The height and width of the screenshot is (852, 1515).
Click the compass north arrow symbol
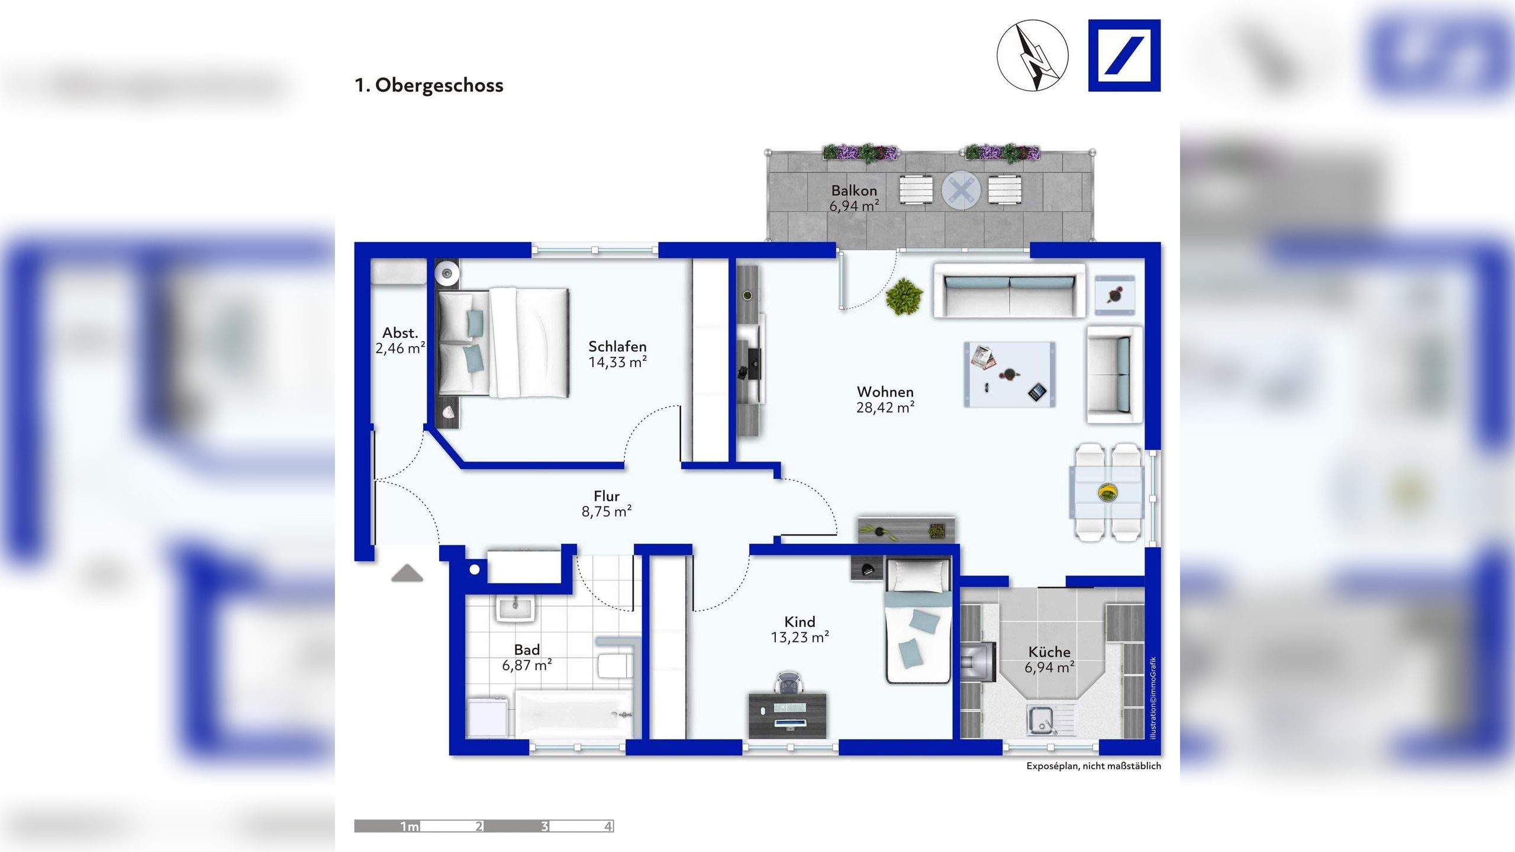point(1033,56)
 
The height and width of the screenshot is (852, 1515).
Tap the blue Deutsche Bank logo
point(1124,56)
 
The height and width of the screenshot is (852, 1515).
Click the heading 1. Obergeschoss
point(429,85)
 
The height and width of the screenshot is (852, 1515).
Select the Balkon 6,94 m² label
point(853,198)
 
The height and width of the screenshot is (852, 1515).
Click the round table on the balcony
point(961,190)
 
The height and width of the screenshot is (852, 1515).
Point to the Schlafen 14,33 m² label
point(617,354)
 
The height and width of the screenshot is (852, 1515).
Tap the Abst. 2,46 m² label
point(400,341)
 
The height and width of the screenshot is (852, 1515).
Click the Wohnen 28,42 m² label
point(885,399)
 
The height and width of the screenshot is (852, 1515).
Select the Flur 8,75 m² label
point(607,504)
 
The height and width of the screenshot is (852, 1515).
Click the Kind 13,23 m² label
point(800,630)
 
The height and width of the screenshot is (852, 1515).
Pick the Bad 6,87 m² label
point(527,657)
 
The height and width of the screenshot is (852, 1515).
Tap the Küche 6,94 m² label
point(1049,660)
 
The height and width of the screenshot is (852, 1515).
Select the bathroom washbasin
point(516,608)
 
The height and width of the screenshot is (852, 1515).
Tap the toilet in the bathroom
point(614,666)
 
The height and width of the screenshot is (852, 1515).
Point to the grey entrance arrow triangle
point(407,573)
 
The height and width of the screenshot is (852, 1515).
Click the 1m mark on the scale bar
point(410,827)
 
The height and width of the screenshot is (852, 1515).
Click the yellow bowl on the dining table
point(1107,492)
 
